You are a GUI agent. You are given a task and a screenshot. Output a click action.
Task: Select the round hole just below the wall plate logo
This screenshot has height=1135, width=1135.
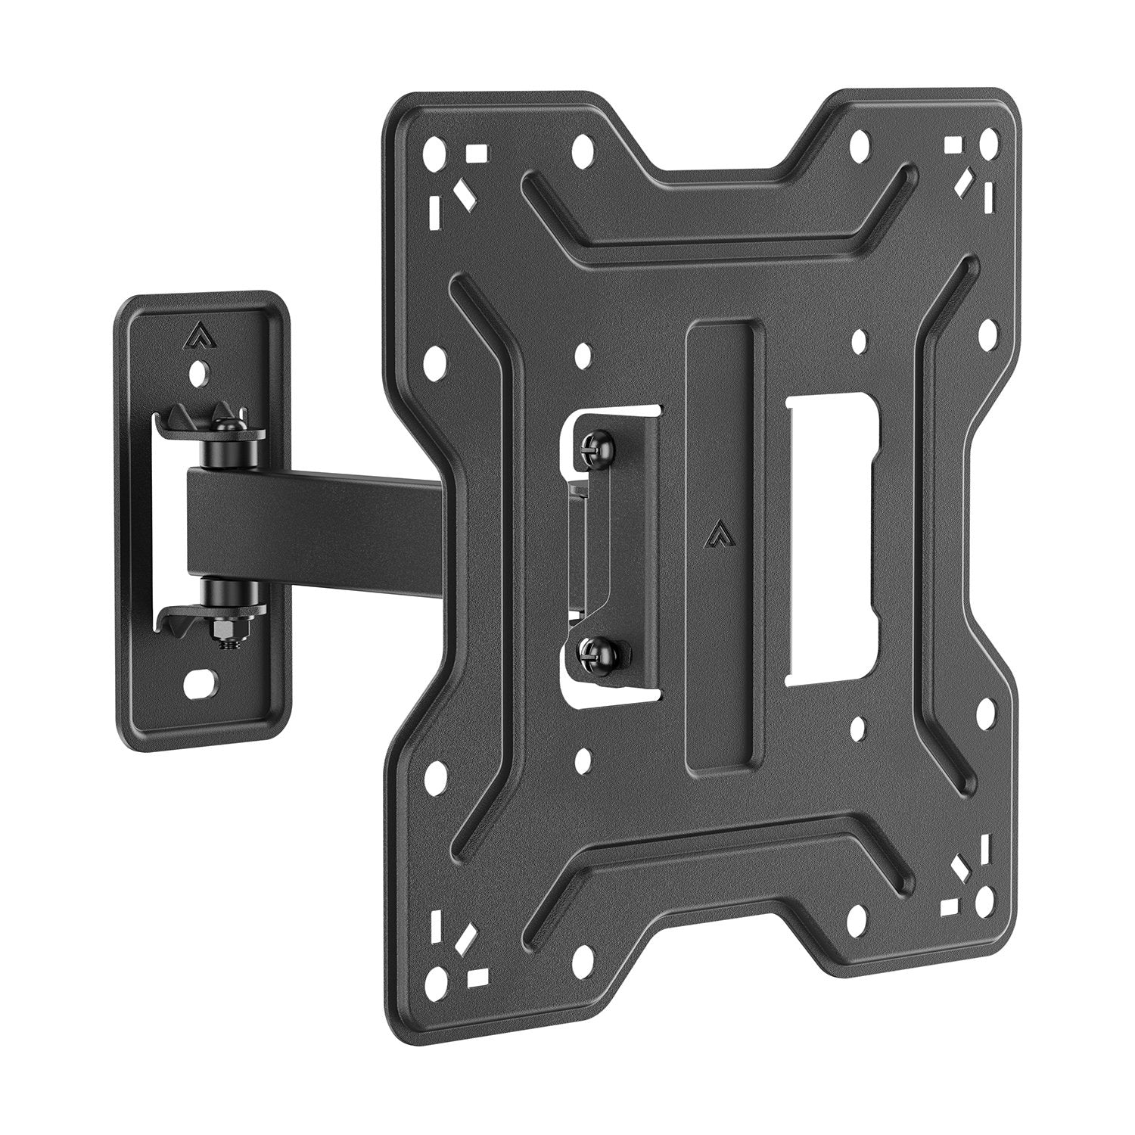pos(199,372)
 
